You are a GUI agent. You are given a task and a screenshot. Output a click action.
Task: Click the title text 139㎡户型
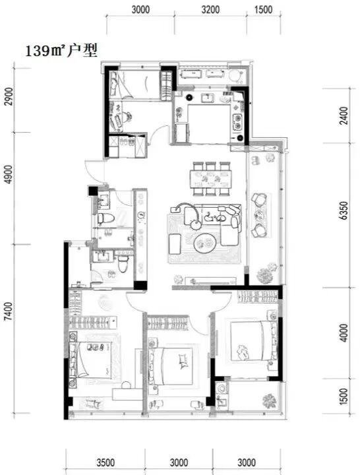tap(61, 51)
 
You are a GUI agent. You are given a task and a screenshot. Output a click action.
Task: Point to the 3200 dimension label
tap(210, 9)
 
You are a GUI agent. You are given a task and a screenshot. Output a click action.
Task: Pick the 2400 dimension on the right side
tap(344, 115)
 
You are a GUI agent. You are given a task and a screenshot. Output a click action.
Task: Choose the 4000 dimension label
tap(344, 333)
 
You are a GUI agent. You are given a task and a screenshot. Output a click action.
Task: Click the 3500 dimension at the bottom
tap(105, 462)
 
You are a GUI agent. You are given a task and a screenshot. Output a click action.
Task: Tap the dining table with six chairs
tap(211, 179)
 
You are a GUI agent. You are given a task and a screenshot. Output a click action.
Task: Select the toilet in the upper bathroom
tap(105, 218)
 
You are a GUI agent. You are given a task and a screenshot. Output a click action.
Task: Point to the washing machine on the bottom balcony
tap(222, 389)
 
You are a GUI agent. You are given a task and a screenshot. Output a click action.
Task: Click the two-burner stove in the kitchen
tap(237, 121)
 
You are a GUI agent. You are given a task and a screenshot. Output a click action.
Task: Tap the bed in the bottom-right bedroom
tap(253, 341)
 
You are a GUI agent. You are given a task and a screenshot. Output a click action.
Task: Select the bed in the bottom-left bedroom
tap(91, 360)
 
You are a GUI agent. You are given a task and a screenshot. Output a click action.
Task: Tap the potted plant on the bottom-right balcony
tap(269, 400)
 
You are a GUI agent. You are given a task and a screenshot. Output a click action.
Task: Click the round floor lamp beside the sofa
tap(196, 224)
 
